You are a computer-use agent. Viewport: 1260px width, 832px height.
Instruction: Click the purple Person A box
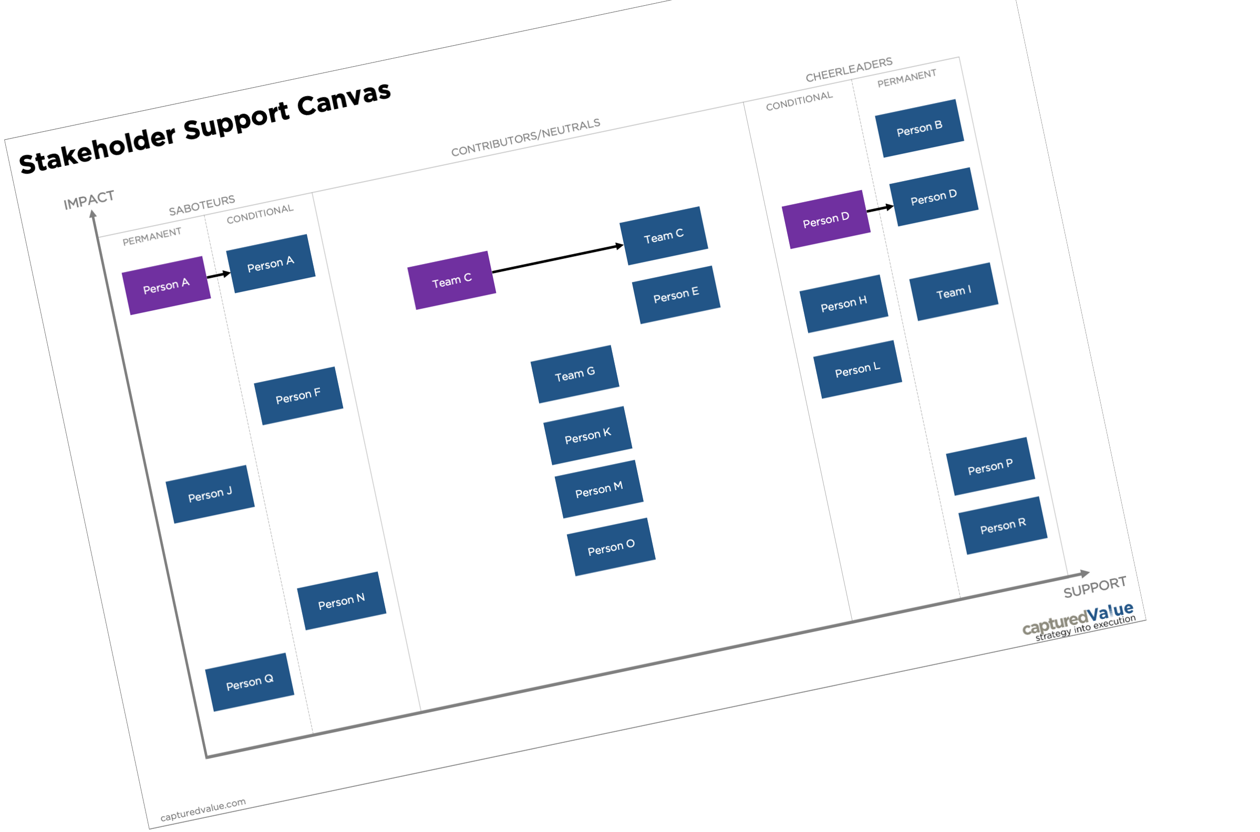pyautogui.click(x=166, y=286)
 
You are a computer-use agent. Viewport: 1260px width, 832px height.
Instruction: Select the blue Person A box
pyautogui.click(x=271, y=263)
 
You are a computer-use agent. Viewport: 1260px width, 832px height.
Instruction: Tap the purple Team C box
pyautogui.click(x=452, y=280)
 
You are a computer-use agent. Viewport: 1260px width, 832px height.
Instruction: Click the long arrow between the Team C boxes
pyautogui.click(x=557, y=258)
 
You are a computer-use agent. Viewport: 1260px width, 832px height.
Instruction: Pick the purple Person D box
pyautogui.click(x=826, y=219)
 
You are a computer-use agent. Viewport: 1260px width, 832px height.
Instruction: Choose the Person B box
pyautogui.click(x=919, y=129)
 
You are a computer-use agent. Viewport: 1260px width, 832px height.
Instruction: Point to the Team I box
pyautogui.click(x=954, y=292)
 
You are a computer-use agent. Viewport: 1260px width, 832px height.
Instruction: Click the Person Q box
pyautogui.click(x=250, y=682)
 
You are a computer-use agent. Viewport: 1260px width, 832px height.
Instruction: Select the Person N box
pyautogui.click(x=342, y=601)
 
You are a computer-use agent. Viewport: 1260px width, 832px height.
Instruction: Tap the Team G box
pyautogui.click(x=575, y=374)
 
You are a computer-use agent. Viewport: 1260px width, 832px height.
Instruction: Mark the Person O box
pyautogui.click(x=611, y=546)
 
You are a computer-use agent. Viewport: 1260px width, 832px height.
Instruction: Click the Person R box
pyautogui.click(x=1003, y=525)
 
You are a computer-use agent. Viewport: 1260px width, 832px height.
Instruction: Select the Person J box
pyautogui.click(x=210, y=494)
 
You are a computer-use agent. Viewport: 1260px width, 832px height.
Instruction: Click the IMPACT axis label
pyautogui.click(x=89, y=200)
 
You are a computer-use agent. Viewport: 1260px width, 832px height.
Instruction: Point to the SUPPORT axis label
pyautogui.click(x=1095, y=586)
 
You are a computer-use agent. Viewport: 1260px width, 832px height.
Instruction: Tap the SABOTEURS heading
pyautogui.click(x=202, y=205)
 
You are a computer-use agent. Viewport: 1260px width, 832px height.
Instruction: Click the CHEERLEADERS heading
pyautogui.click(x=849, y=69)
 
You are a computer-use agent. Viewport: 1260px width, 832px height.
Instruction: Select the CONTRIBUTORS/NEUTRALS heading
pyautogui.click(x=525, y=138)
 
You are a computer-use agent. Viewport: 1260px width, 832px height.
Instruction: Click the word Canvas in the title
pyautogui.click(x=344, y=99)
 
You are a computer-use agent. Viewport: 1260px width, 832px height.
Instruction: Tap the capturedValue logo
pyautogui.click(x=1079, y=621)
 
